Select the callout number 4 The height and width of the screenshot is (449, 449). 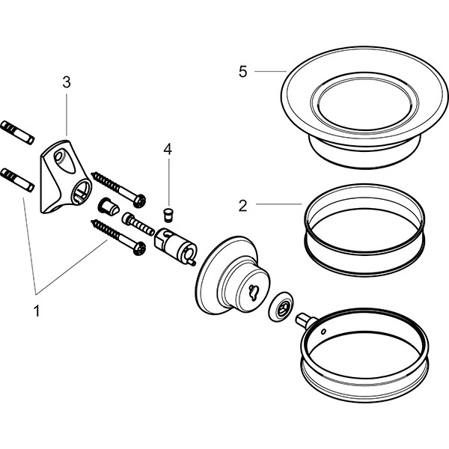pos(168,150)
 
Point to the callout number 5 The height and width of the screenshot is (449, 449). pos(242,71)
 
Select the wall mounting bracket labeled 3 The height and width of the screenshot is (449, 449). pos(64,176)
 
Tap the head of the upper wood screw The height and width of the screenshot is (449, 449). pos(138,199)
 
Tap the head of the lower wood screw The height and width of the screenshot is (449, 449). pos(138,248)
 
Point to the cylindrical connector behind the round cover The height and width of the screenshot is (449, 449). pos(175,248)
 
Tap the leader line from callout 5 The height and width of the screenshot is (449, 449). pos(270,71)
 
